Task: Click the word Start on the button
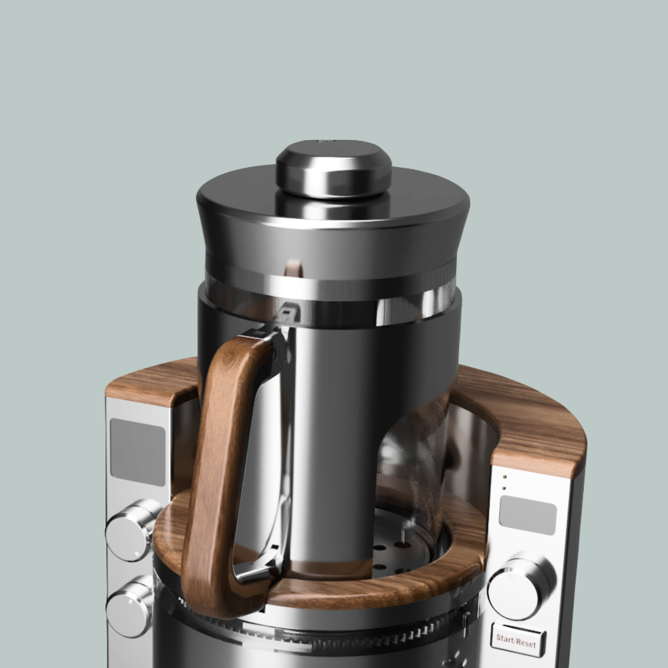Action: pyautogui.click(x=505, y=639)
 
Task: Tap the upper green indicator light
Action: pyautogui.click(x=504, y=477)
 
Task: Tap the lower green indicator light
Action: pyautogui.click(x=504, y=488)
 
